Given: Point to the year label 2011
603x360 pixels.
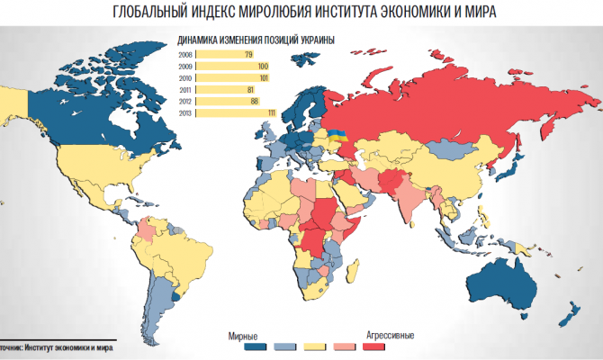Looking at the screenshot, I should click(x=185, y=90).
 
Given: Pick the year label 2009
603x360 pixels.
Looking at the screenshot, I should click(x=185, y=67).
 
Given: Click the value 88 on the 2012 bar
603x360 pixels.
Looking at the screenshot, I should click(x=255, y=102).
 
